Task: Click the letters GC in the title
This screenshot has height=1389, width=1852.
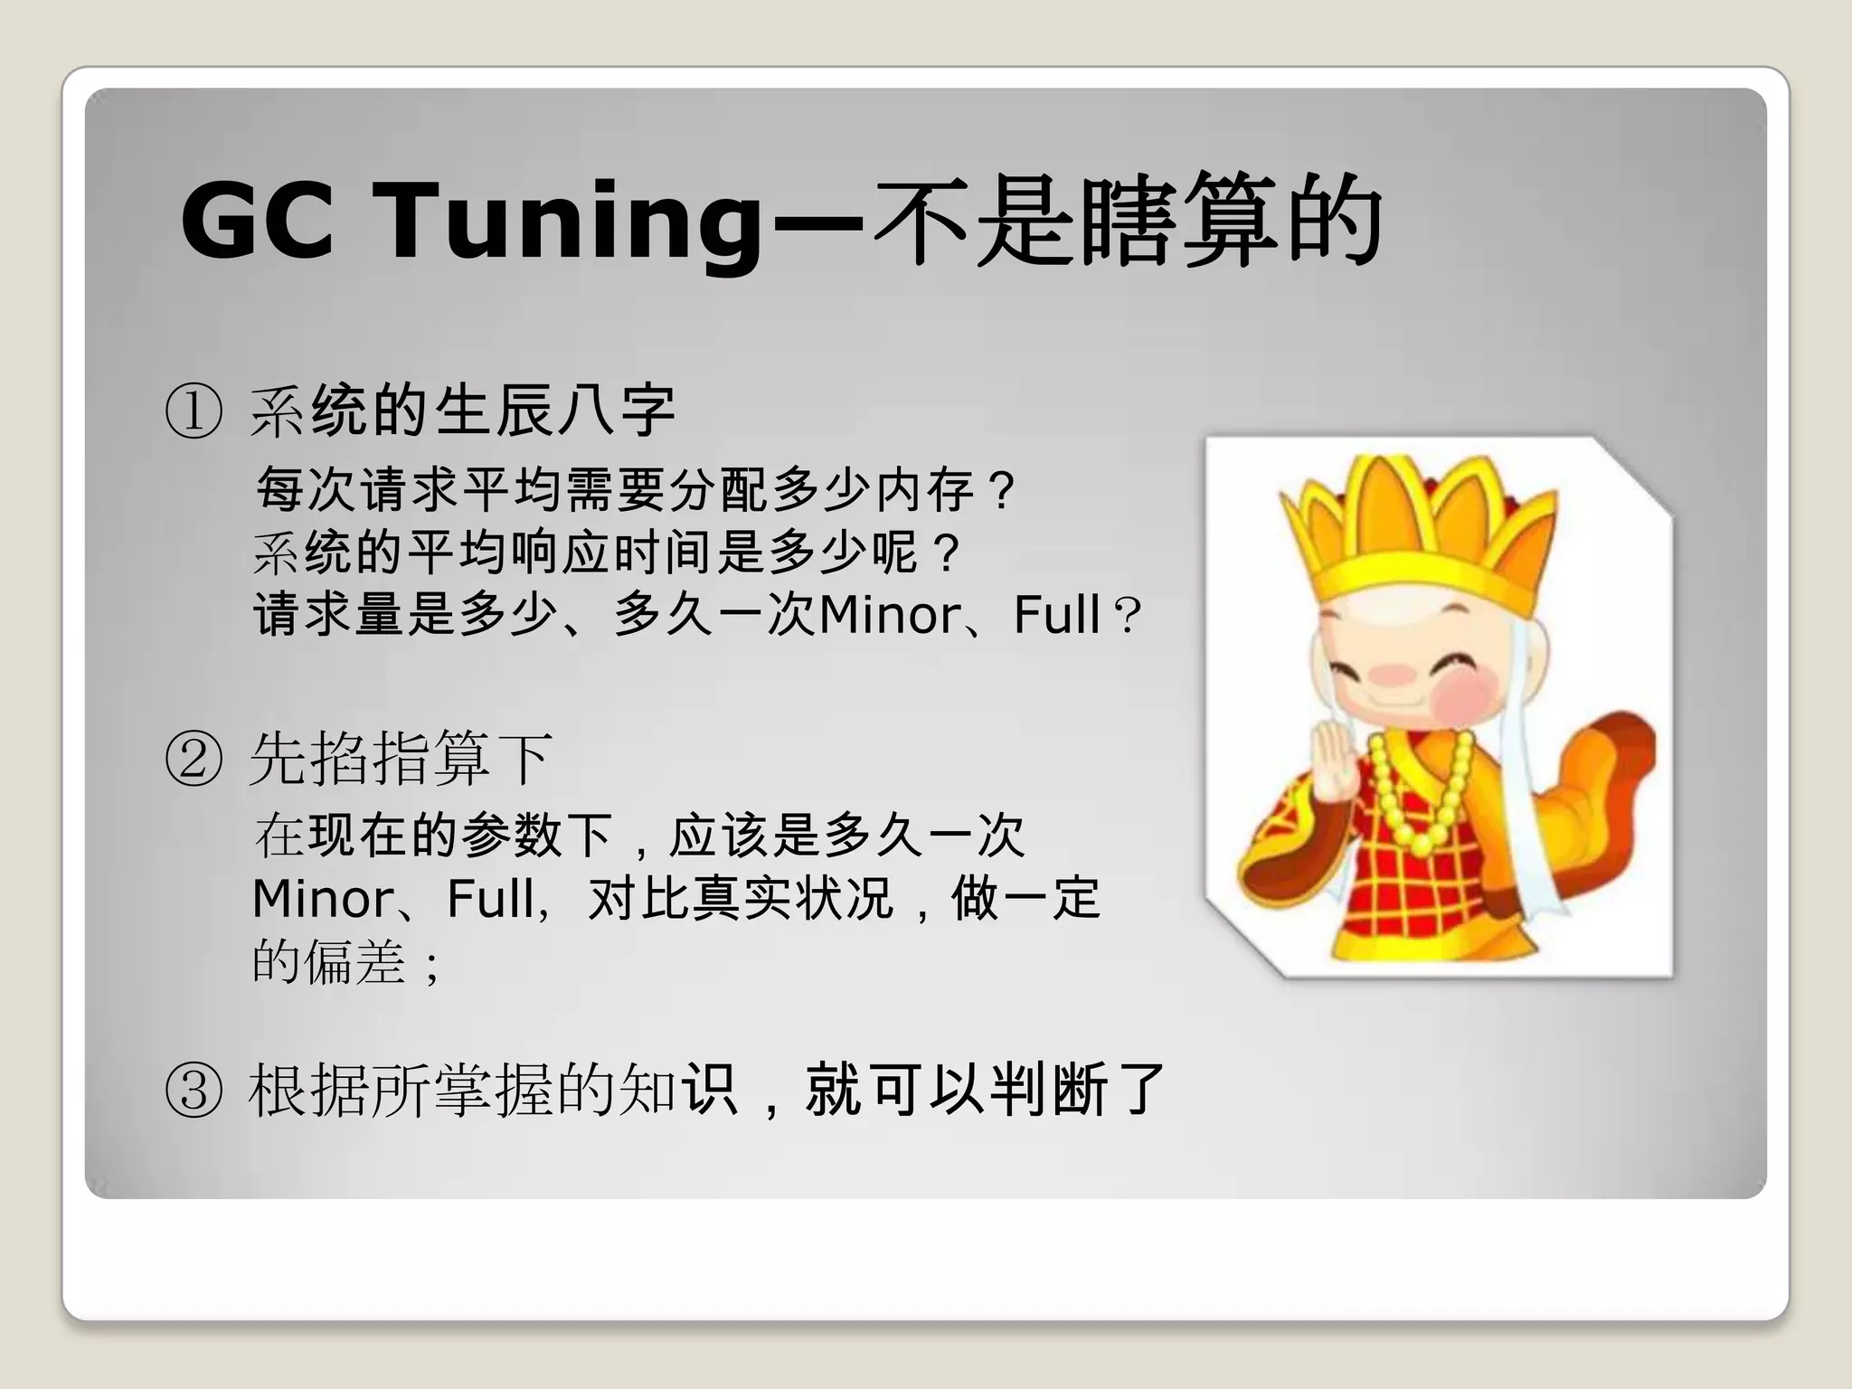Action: click(x=258, y=221)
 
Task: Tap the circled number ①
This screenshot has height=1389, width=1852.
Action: click(x=194, y=411)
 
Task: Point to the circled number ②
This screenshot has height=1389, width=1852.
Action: click(x=194, y=759)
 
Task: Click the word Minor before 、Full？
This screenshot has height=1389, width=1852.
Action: click(x=891, y=616)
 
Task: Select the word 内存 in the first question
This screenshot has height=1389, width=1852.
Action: click(x=926, y=491)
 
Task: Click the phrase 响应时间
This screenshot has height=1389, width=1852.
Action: click(x=611, y=553)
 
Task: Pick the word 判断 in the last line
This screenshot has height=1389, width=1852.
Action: click(x=1048, y=1091)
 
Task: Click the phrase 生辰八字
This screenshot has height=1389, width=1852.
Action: click(x=555, y=411)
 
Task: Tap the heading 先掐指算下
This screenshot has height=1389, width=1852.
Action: click(x=401, y=759)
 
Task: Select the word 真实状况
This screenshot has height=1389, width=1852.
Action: click(x=792, y=899)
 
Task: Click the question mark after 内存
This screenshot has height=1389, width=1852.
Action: click(x=1002, y=492)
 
